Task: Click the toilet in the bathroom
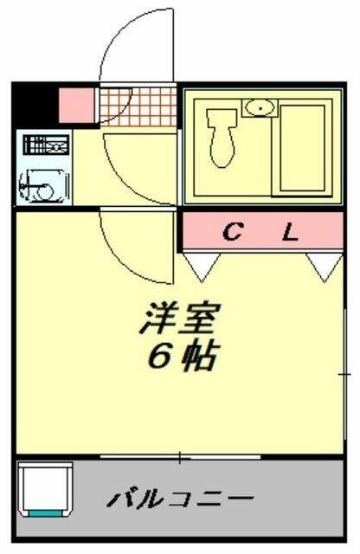pos(222,138)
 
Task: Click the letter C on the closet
pos(233,231)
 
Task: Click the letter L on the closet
pos(290,231)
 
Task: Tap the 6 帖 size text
pos(181,356)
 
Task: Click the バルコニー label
pos(181,499)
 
